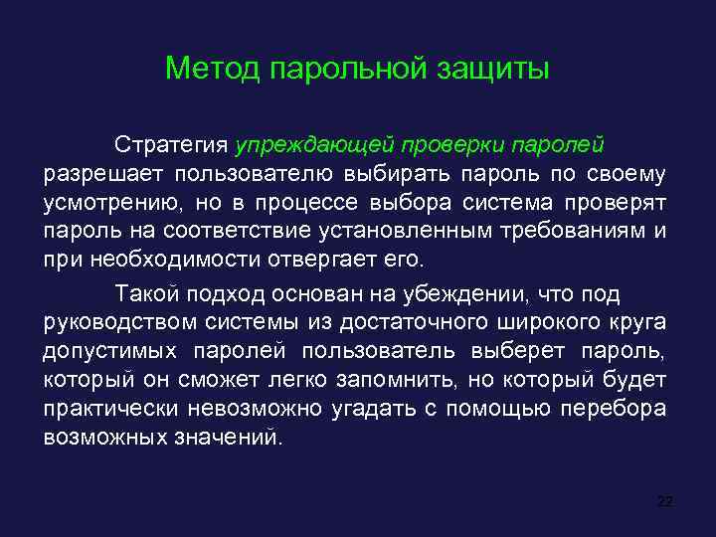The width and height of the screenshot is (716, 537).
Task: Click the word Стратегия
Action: pyautogui.click(x=171, y=145)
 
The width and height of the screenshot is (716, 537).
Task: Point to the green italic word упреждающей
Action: pyautogui.click(x=314, y=145)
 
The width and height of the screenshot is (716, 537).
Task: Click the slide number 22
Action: pyautogui.click(x=665, y=500)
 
